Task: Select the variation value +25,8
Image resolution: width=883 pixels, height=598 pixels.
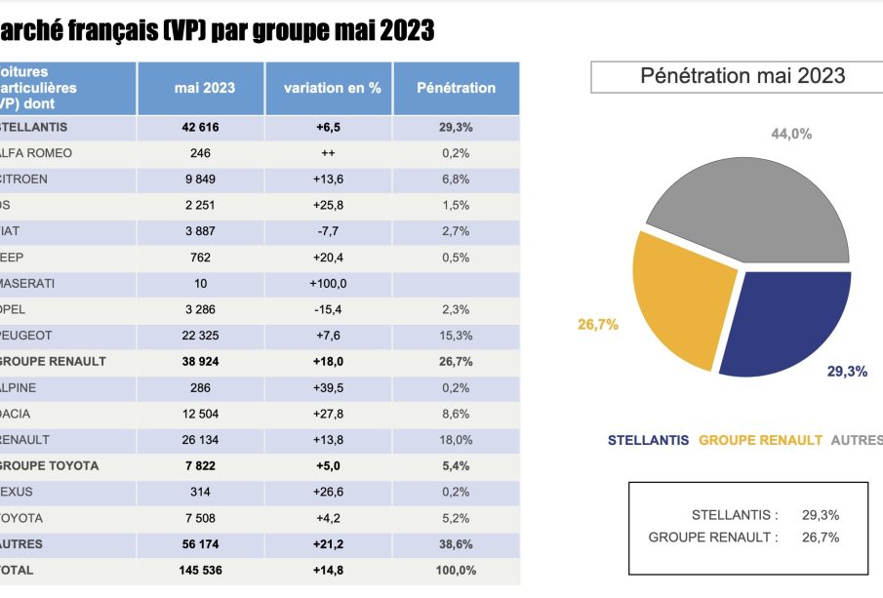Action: point(328,206)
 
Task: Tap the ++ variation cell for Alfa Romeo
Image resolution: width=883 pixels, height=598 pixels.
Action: point(328,153)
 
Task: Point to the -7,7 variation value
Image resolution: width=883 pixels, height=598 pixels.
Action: point(328,232)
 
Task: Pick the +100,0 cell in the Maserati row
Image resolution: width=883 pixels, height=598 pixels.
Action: point(328,284)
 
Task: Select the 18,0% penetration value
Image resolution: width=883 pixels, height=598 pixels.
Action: point(455,440)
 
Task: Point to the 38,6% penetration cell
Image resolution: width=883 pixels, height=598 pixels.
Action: point(455,544)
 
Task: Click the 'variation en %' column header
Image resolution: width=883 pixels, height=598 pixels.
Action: point(332,88)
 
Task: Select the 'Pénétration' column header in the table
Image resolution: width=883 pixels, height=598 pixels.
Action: point(456,88)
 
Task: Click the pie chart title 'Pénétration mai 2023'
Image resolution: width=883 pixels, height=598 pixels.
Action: point(743,76)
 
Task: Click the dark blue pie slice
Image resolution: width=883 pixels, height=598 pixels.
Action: point(785,317)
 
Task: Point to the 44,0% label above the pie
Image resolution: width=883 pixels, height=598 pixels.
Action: point(791,135)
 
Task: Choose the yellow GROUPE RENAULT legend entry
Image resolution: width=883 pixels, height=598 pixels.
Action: point(760,440)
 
